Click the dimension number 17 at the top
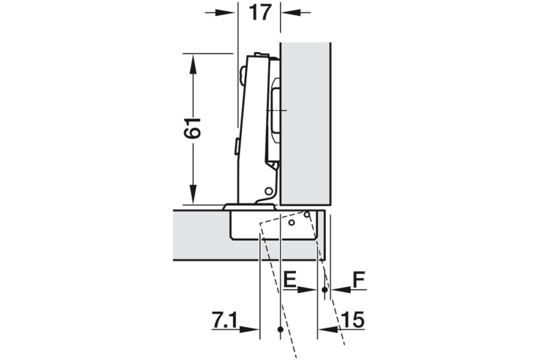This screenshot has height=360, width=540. tap(260, 13)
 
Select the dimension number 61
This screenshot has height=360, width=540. tap(192, 128)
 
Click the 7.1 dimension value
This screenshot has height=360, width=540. tap(224, 321)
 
